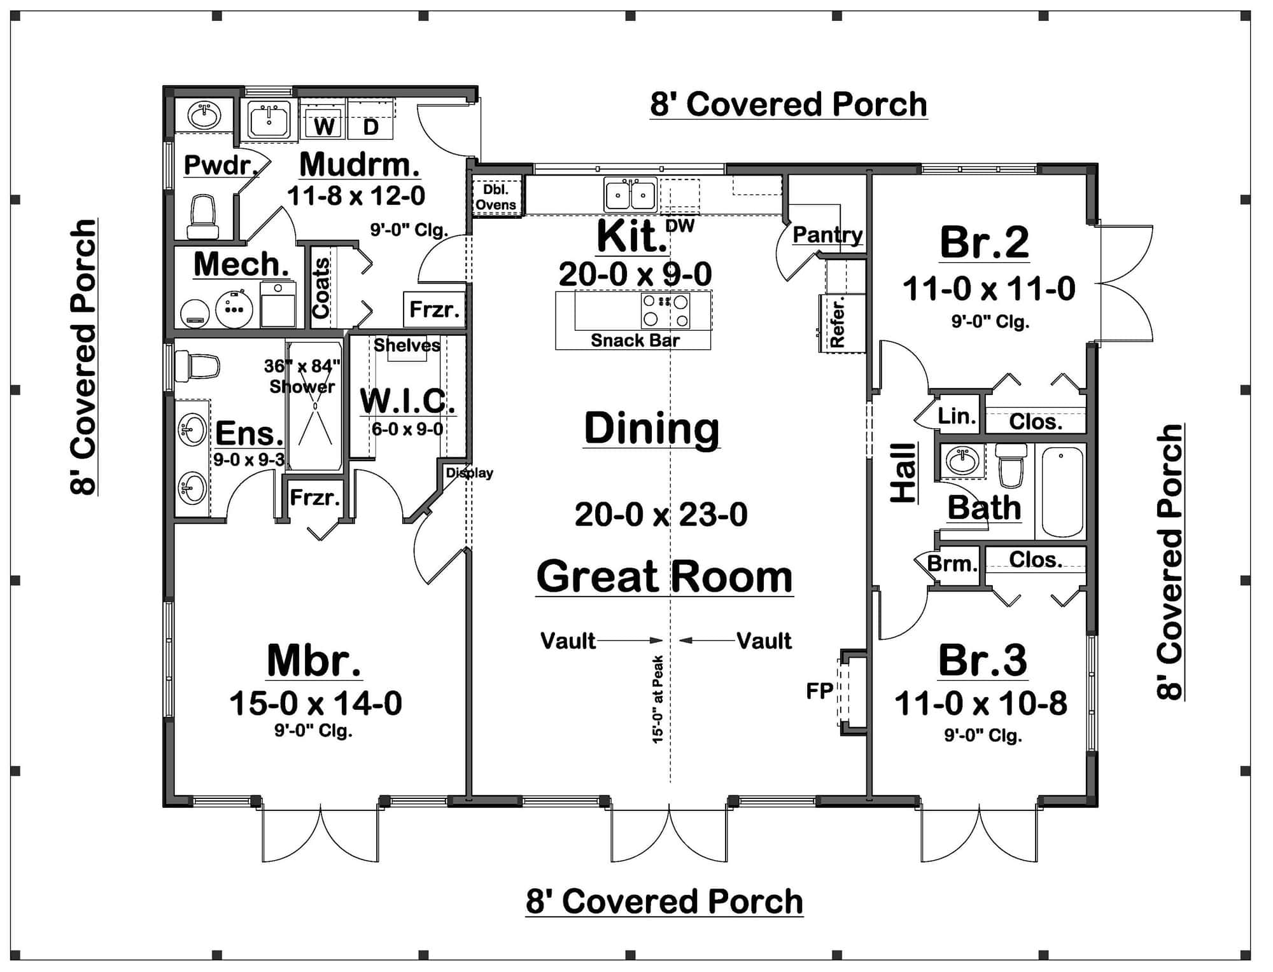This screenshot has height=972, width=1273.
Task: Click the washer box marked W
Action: click(x=324, y=125)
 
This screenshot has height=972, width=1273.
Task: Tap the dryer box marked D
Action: click(x=370, y=125)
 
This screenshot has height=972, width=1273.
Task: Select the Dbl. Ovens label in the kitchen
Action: click(x=496, y=197)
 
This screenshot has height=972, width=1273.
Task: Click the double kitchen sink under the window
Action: click(x=630, y=195)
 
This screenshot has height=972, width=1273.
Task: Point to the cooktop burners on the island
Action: click(x=665, y=310)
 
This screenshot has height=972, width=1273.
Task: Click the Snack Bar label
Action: click(x=635, y=340)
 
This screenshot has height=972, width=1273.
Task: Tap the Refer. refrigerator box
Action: click(x=838, y=324)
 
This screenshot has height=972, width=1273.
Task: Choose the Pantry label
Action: click(x=827, y=235)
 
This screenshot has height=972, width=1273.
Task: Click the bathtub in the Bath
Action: click(x=1060, y=491)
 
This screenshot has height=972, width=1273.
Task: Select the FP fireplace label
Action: click(x=819, y=690)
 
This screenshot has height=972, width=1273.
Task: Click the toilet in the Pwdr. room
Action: click(x=202, y=216)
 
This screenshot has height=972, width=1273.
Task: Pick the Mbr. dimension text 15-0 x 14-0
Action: click(x=316, y=704)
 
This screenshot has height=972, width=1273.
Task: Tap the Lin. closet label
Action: click(x=956, y=416)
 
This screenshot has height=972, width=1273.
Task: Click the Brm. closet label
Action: click(x=951, y=564)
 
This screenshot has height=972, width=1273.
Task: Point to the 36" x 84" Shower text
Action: click(x=302, y=376)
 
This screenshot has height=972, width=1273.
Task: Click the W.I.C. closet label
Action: click(x=407, y=401)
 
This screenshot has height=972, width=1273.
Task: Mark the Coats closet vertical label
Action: click(x=321, y=288)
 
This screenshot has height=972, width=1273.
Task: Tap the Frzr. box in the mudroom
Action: click(x=434, y=309)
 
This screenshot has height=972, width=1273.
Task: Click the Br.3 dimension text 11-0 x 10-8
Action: click(x=980, y=704)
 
